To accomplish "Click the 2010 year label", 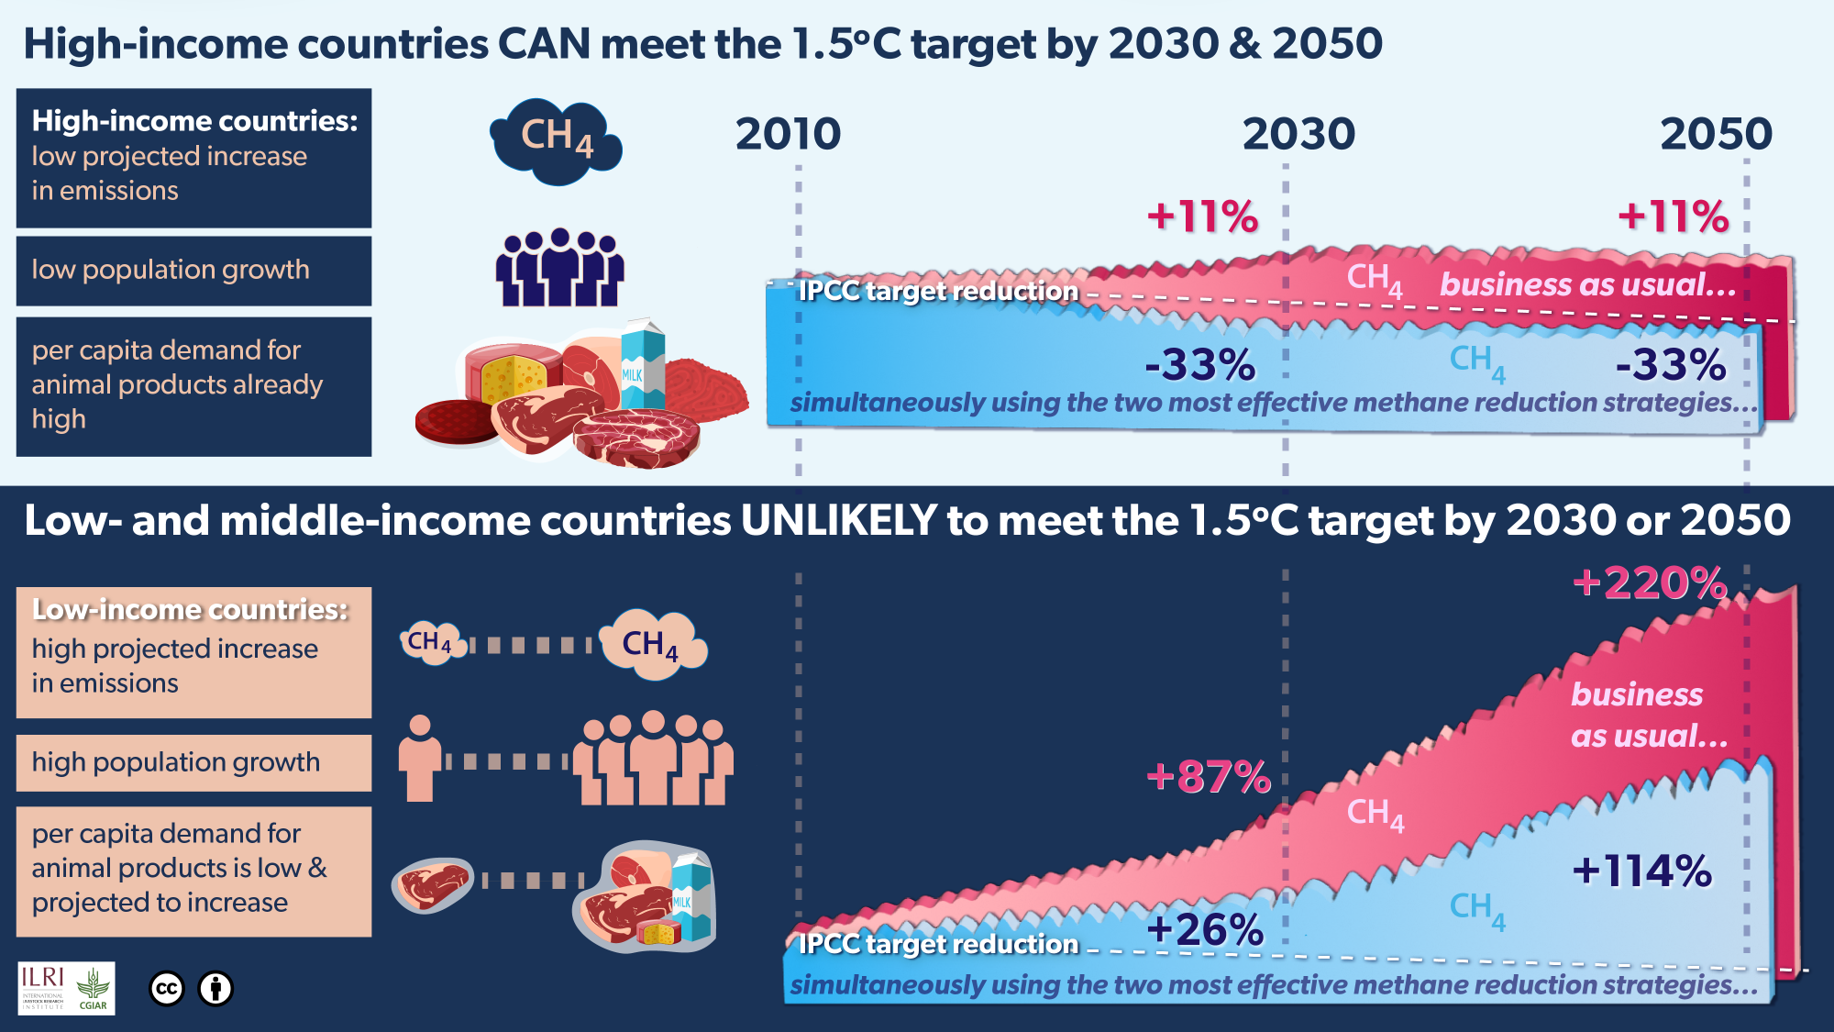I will click(x=788, y=134).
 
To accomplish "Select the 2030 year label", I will click(x=1298, y=134).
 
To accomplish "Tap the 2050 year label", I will click(x=1716, y=134).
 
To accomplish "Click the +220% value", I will click(x=1650, y=583).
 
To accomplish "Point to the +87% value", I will click(x=1209, y=777).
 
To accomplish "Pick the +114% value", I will click(x=1641, y=871).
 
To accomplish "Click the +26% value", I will click(x=1205, y=930).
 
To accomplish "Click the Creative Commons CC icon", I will click(x=167, y=988).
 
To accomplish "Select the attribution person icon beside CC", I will click(x=216, y=988).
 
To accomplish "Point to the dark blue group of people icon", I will click(x=559, y=268).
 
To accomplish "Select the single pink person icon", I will click(x=419, y=760).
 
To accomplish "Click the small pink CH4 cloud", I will click(x=431, y=642).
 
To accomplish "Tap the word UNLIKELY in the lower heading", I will click(x=838, y=521).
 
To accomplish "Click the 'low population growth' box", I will click(x=193, y=271).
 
